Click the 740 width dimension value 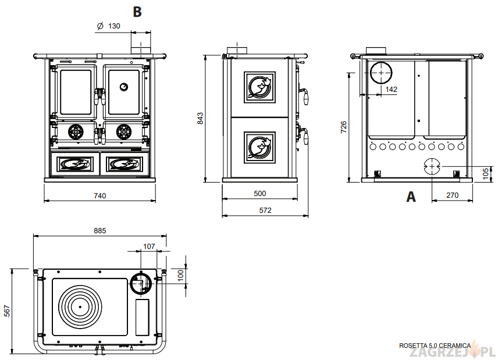pyautogui.click(x=100, y=196)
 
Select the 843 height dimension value pyautogui.click(x=201, y=118)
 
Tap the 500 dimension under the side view pyautogui.click(x=260, y=193)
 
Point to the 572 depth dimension pyautogui.click(x=265, y=210)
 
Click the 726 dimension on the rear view pyautogui.click(x=343, y=127)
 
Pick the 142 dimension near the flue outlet pyautogui.click(x=392, y=89)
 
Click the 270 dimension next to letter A pyautogui.click(x=452, y=195)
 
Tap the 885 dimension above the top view pyautogui.click(x=100, y=231)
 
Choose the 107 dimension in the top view pyautogui.click(x=149, y=247)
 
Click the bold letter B pyautogui.click(x=137, y=11)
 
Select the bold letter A pyautogui.click(x=411, y=197)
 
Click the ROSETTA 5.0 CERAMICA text pyautogui.click(x=435, y=345)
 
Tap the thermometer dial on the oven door pyautogui.click(x=124, y=87)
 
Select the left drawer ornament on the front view pyautogui.click(x=75, y=164)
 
